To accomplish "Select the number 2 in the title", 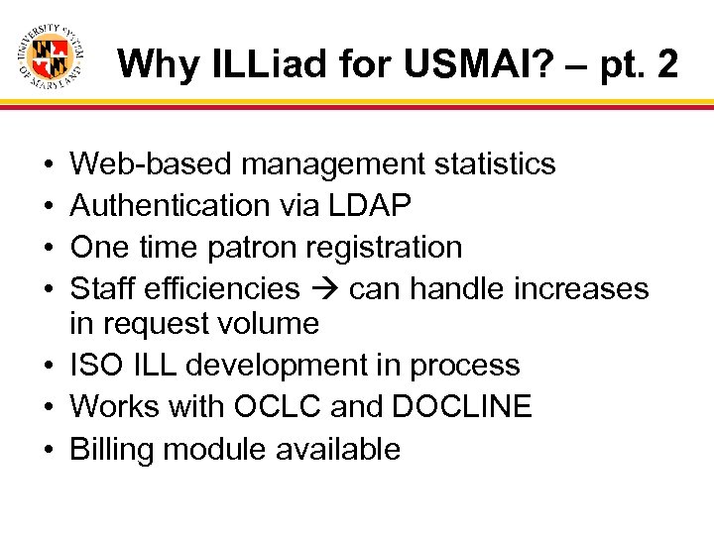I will tap(667, 64).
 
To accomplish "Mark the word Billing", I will tap(112, 449).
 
